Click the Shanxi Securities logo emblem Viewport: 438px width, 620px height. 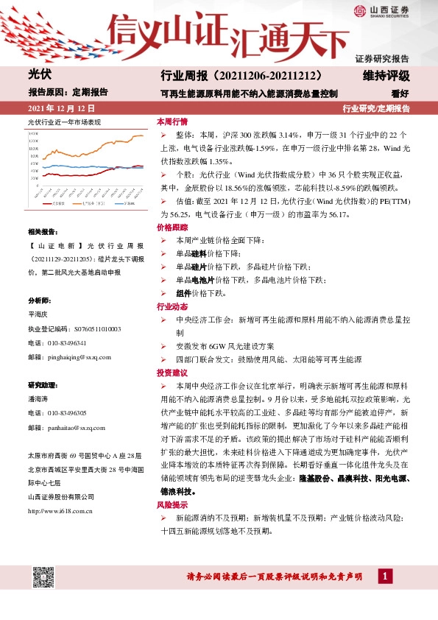[x=359, y=10]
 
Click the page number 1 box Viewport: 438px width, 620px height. [x=384, y=576]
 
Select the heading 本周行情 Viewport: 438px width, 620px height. [x=172, y=121]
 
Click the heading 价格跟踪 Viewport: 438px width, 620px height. [x=172, y=228]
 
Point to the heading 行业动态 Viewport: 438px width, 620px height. [x=172, y=306]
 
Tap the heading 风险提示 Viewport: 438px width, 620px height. [x=172, y=504]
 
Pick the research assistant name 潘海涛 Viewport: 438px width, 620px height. [x=37, y=398]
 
